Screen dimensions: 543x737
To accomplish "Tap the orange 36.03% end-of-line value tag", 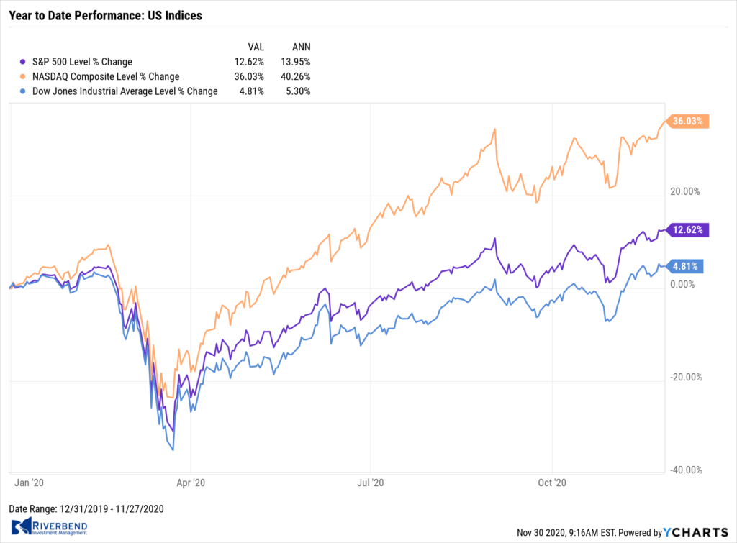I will click(689, 122).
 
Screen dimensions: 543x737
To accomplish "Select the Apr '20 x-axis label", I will click(191, 484).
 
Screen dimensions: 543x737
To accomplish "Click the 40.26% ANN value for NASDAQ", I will click(296, 76).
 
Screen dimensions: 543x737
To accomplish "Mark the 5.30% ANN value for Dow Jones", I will click(298, 91).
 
